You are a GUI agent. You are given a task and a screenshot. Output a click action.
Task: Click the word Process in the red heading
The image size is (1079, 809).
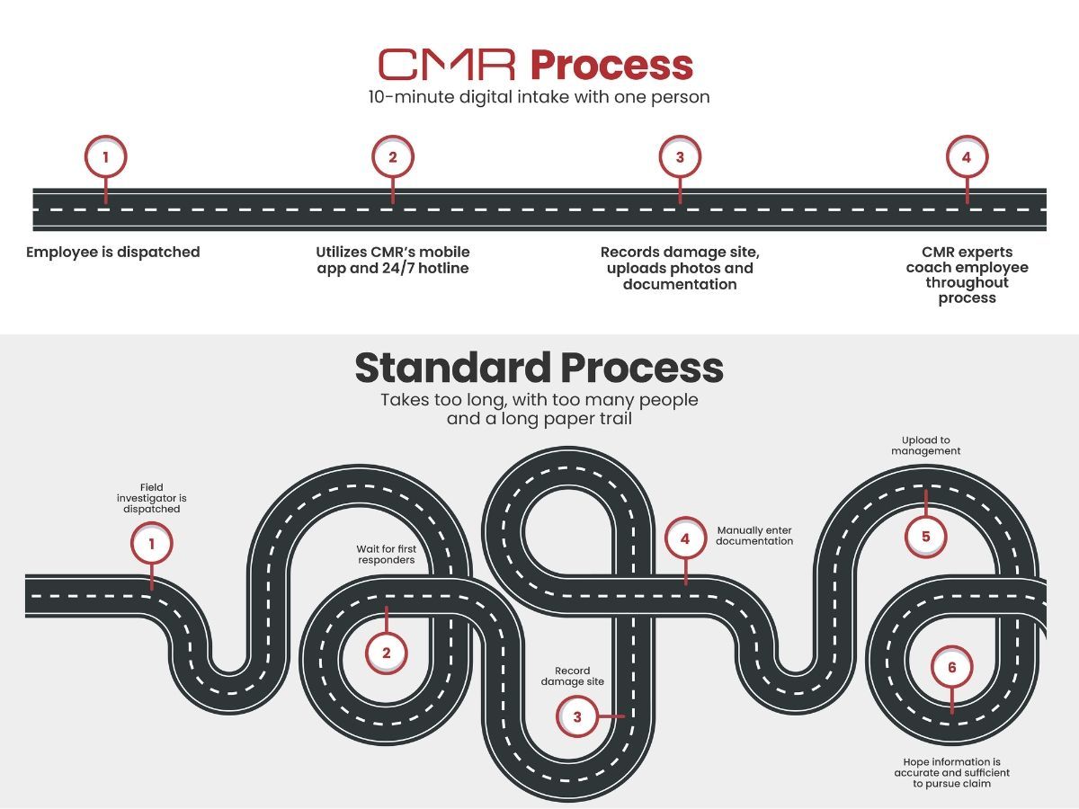coord(611,65)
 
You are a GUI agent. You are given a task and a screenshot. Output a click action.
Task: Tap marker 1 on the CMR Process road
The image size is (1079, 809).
coord(105,157)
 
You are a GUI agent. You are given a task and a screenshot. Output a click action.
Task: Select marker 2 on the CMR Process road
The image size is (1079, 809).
coord(392,157)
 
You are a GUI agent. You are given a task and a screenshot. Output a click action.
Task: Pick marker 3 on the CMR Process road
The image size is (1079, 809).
coord(680,157)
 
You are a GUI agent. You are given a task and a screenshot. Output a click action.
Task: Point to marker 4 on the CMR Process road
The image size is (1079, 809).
coord(967,157)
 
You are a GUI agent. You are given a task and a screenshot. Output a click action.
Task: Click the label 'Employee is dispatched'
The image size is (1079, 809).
coord(113,252)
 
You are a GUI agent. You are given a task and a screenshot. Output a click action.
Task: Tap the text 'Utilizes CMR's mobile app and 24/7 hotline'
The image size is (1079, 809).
coord(393,260)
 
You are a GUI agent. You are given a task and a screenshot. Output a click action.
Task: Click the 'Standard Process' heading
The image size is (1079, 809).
coord(539,368)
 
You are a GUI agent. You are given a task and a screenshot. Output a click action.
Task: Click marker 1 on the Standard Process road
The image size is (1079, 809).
coord(152,544)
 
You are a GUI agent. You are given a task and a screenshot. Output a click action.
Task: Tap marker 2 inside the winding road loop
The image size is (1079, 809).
coord(387,653)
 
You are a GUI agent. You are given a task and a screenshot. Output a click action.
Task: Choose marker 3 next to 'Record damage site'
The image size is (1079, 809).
coord(577,716)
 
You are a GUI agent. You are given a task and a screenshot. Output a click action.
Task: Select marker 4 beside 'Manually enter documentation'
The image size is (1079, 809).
coord(685,539)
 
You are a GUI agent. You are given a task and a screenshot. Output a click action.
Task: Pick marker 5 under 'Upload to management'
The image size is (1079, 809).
coord(925,537)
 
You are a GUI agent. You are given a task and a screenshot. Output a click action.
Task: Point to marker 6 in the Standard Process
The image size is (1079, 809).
coord(951,668)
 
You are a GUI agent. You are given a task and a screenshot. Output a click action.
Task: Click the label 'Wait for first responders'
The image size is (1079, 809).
coord(386,554)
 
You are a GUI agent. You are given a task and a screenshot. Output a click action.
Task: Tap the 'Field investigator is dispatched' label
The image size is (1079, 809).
coord(152,498)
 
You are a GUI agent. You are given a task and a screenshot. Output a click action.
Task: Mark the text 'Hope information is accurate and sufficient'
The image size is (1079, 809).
coord(951,772)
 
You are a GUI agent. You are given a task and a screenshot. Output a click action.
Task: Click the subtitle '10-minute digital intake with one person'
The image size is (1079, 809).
coord(539,97)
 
